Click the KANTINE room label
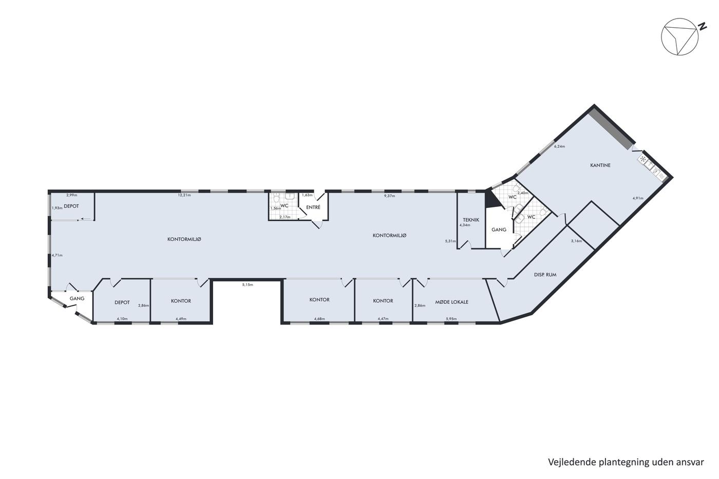click(x=600, y=165)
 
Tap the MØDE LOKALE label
click(x=451, y=302)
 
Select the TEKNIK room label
click(x=471, y=220)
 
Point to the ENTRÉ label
click(x=313, y=207)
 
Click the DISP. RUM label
click(x=545, y=275)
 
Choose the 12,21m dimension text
click(x=184, y=195)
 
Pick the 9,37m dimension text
click(x=389, y=196)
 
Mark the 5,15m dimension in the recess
click(x=248, y=284)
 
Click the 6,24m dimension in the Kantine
click(x=559, y=146)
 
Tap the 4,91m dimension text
click(x=638, y=198)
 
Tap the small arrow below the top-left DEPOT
click(x=85, y=219)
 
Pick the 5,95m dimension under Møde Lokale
click(x=451, y=319)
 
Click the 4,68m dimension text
click(x=319, y=319)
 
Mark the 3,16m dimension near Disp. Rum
click(x=576, y=241)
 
